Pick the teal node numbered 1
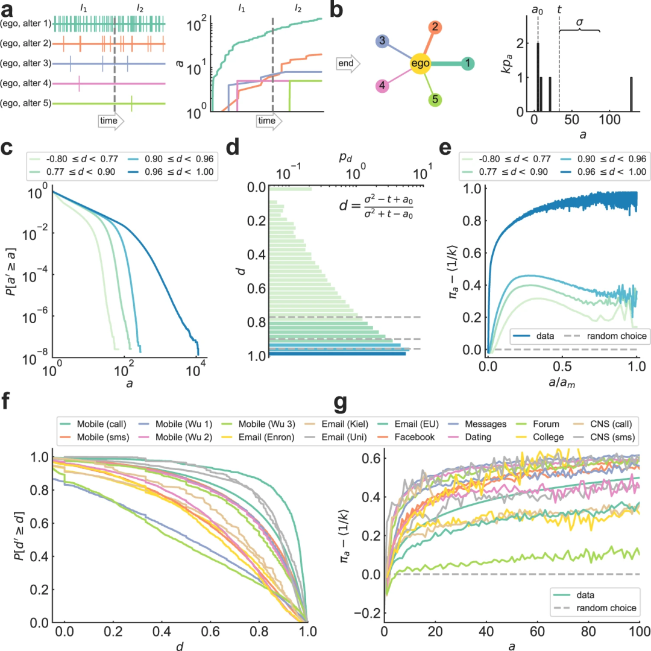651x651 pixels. click(x=468, y=63)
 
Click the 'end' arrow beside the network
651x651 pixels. click(x=348, y=63)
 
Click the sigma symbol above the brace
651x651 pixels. click(x=579, y=21)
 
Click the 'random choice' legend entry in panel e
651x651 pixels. click(x=603, y=333)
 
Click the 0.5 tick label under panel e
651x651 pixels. click(x=562, y=366)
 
